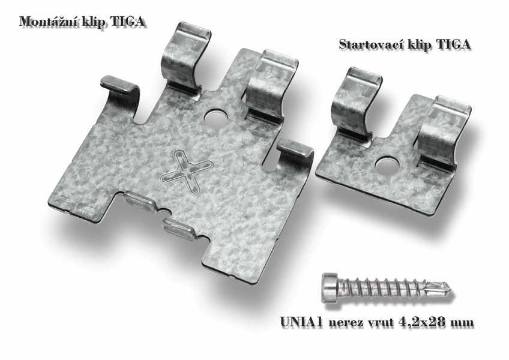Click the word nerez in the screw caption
click(343, 323)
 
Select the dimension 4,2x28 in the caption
click(423, 322)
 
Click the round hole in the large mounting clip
click(216, 118)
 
